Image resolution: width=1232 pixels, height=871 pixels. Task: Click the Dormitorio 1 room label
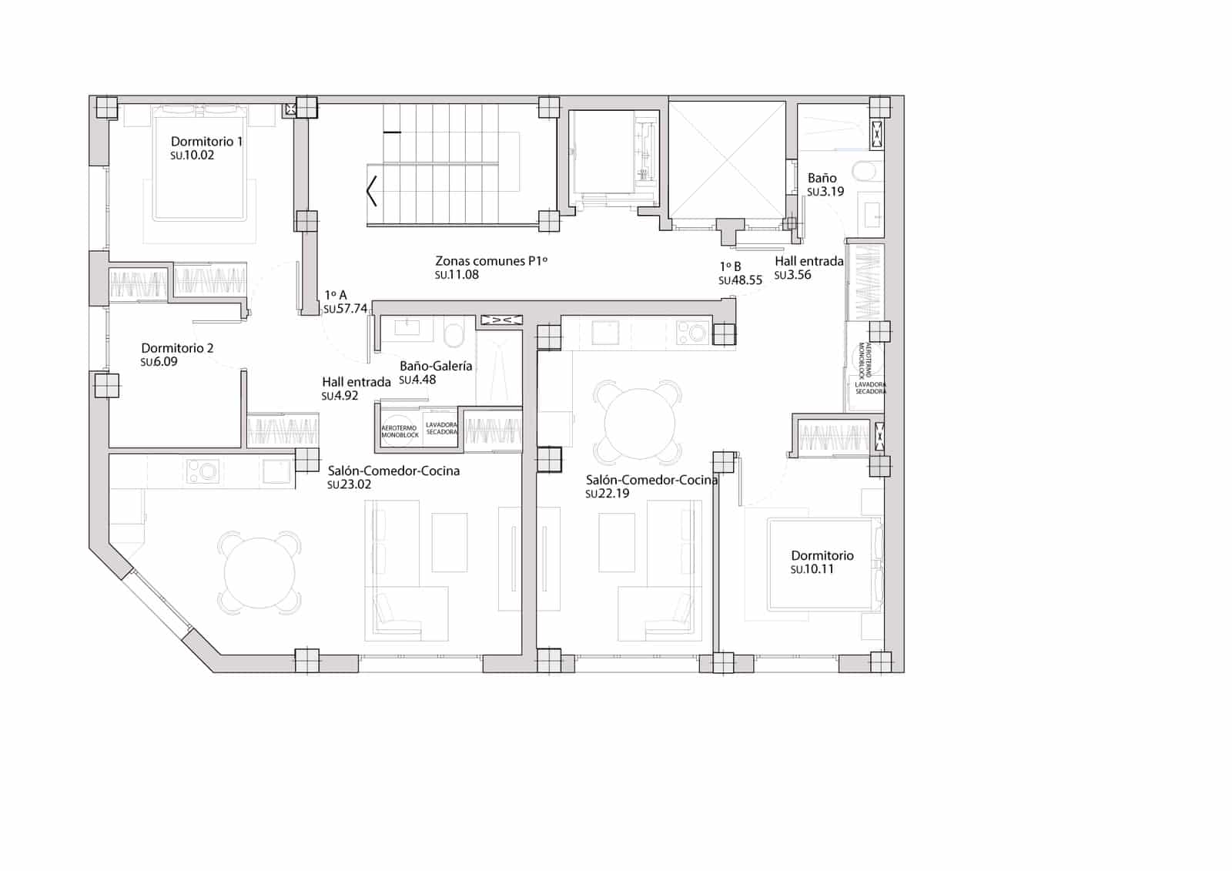(206, 142)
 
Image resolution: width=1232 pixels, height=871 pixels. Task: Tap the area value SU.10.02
(192, 156)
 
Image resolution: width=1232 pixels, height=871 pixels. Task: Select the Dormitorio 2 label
(177, 348)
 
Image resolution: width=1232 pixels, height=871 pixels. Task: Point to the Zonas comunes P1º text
(491, 261)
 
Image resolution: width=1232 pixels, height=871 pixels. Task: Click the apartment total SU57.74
(345, 309)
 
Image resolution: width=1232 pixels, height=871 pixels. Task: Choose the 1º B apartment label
(730, 266)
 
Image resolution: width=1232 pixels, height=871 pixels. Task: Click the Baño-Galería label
(436, 367)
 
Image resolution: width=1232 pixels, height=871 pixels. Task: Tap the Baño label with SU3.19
(822, 178)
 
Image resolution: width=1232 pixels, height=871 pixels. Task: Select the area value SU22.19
(607, 494)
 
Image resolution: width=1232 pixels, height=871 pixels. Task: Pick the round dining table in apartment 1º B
(639, 423)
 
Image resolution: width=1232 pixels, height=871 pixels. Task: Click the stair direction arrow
(372, 191)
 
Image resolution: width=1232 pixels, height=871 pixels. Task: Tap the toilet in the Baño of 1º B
(867, 171)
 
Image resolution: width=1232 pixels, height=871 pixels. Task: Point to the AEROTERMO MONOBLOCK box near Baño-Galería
(400, 431)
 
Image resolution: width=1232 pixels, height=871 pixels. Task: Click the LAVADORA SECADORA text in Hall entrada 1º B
(870, 387)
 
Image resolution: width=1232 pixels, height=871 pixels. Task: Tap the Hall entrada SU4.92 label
(356, 382)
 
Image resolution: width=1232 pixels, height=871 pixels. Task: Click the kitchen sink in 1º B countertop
(605, 333)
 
